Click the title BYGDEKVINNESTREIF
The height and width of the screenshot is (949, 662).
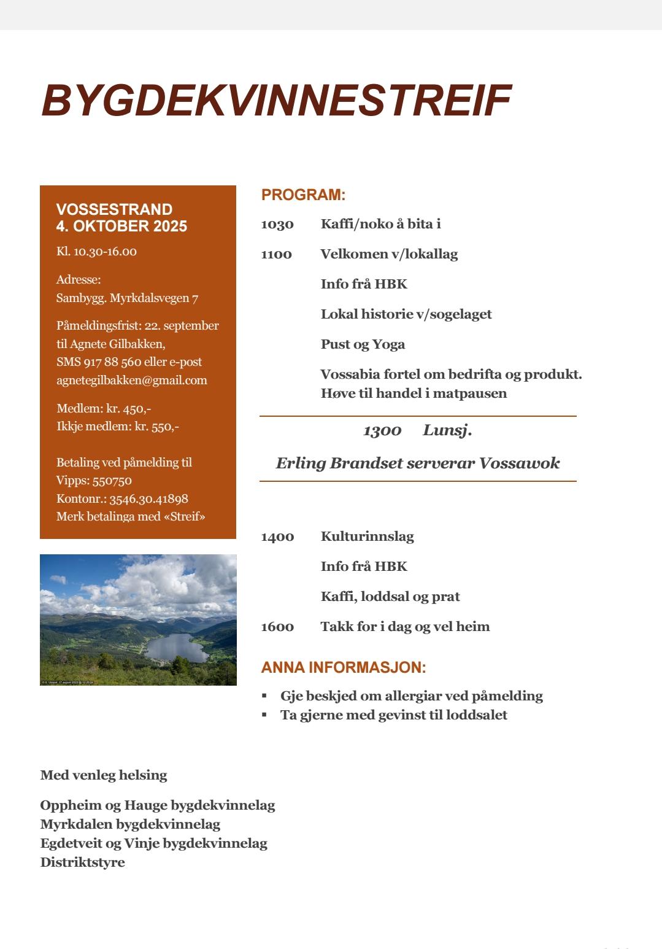(276, 100)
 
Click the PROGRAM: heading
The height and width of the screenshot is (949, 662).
(303, 195)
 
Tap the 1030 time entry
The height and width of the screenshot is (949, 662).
(277, 224)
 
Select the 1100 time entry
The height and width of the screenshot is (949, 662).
(276, 254)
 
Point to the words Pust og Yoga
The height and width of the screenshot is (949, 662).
(363, 344)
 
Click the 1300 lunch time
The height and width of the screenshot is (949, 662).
(382, 431)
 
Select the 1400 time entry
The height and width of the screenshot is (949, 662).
(277, 537)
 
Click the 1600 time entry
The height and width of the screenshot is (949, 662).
(277, 627)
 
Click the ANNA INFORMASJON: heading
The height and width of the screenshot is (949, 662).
(344, 667)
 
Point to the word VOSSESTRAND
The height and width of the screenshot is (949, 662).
(114, 209)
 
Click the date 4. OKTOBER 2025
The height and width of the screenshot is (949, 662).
(121, 227)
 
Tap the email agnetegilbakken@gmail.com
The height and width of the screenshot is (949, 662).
(132, 381)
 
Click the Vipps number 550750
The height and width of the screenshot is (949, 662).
(112, 481)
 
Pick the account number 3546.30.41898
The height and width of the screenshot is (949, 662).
(148, 499)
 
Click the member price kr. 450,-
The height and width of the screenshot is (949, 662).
(129, 409)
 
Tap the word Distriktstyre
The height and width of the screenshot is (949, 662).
(82, 862)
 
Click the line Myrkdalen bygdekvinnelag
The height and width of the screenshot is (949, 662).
(130, 824)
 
